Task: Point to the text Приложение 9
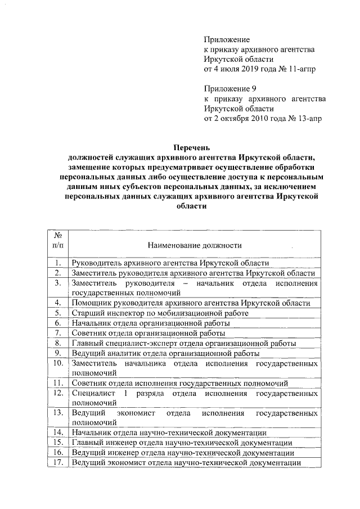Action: click(x=230, y=89)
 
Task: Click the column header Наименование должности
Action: click(x=195, y=245)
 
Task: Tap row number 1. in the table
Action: click(x=57, y=263)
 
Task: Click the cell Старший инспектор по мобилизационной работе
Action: click(x=160, y=313)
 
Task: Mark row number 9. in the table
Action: click(x=57, y=354)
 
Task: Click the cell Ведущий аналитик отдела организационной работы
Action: click(x=165, y=354)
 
